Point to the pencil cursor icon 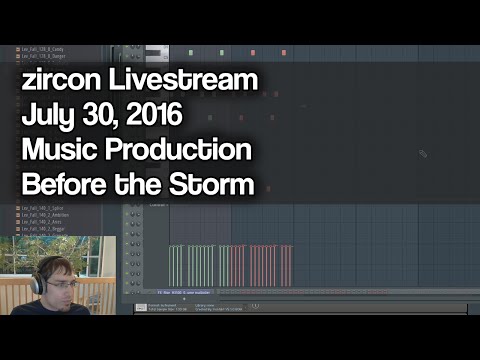click(x=423, y=153)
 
